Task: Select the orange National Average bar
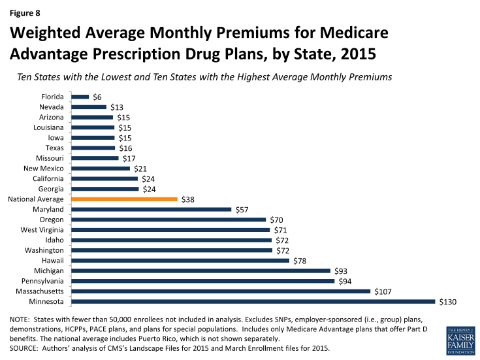tap(124, 199)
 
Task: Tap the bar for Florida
tap(80, 97)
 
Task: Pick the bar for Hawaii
tap(180, 260)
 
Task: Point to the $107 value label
tap(383, 291)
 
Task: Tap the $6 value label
tap(97, 97)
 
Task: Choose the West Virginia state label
tap(42, 229)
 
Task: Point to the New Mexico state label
tap(44, 168)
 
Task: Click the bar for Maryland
tap(151, 209)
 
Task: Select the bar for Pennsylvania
tap(202, 280)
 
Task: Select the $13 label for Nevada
tap(116, 107)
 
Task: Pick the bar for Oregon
tap(168, 220)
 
